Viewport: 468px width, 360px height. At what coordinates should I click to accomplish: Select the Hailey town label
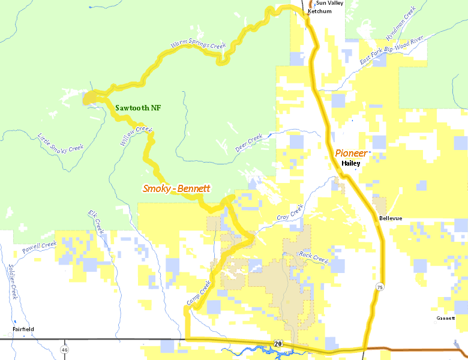click(350, 163)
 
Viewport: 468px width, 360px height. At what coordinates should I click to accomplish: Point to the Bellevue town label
click(391, 218)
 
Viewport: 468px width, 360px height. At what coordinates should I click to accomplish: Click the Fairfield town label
click(23, 329)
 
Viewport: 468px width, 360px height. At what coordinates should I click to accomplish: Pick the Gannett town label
click(446, 318)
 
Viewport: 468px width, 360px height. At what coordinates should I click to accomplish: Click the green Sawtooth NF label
click(138, 108)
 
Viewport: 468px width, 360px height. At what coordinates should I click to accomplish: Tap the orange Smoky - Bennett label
click(176, 188)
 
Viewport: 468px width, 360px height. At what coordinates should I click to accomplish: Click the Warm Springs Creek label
click(197, 45)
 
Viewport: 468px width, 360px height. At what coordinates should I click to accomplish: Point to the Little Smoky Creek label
click(60, 143)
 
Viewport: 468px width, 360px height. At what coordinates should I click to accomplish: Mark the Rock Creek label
click(313, 257)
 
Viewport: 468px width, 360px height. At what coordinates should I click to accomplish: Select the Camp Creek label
click(199, 295)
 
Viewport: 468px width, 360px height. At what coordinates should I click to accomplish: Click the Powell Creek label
click(40, 247)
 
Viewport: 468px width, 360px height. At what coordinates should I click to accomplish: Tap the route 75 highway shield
click(380, 288)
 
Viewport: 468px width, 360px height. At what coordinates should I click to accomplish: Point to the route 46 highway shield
click(64, 349)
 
